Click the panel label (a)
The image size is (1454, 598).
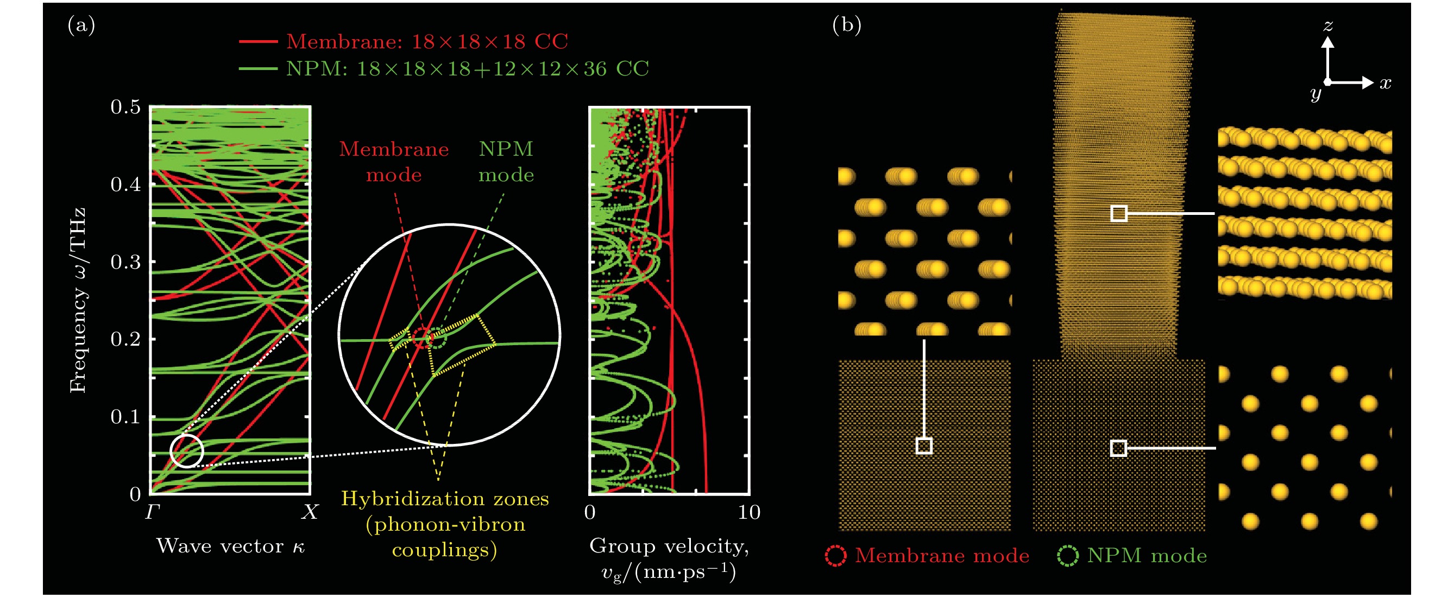click(x=81, y=26)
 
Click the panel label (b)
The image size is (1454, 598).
click(x=847, y=26)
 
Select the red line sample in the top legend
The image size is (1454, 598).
click(x=259, y=42)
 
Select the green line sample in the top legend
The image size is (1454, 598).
click(x=259, y=69)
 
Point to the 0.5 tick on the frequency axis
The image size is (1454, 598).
click(x=125, y=106)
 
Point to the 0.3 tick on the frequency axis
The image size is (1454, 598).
click(x=125, y=262)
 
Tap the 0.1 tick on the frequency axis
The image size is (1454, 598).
click(x=125, y=417)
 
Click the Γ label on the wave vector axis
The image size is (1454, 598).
click(x=153, y=512)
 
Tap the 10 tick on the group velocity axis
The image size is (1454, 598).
click(x=748, y=512)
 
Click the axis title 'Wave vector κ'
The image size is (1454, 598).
click(x=230, y=546)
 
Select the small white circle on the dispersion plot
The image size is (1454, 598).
click(x=186, y=451)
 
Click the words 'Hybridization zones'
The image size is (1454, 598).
click(x=445, y=499)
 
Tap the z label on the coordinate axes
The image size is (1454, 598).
click(x=1329, y=26)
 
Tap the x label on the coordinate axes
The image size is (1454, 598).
click(x=1385, y=84)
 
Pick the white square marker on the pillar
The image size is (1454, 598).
click(x=1119, y=213)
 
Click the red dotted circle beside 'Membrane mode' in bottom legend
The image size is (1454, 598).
click(x=835, y=556)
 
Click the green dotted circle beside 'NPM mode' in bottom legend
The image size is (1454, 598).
click(x=1067, y=556)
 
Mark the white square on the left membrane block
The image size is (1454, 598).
click(x=924, y=446)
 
